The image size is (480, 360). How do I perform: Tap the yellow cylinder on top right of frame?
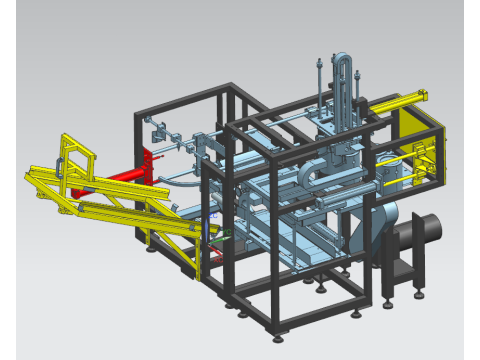(400, 101)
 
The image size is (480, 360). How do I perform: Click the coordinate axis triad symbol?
(222, 236)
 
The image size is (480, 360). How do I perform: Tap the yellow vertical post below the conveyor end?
(200, 255)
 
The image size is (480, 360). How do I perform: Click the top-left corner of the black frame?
(138, 116)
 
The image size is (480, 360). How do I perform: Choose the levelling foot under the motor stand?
(417, 293)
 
